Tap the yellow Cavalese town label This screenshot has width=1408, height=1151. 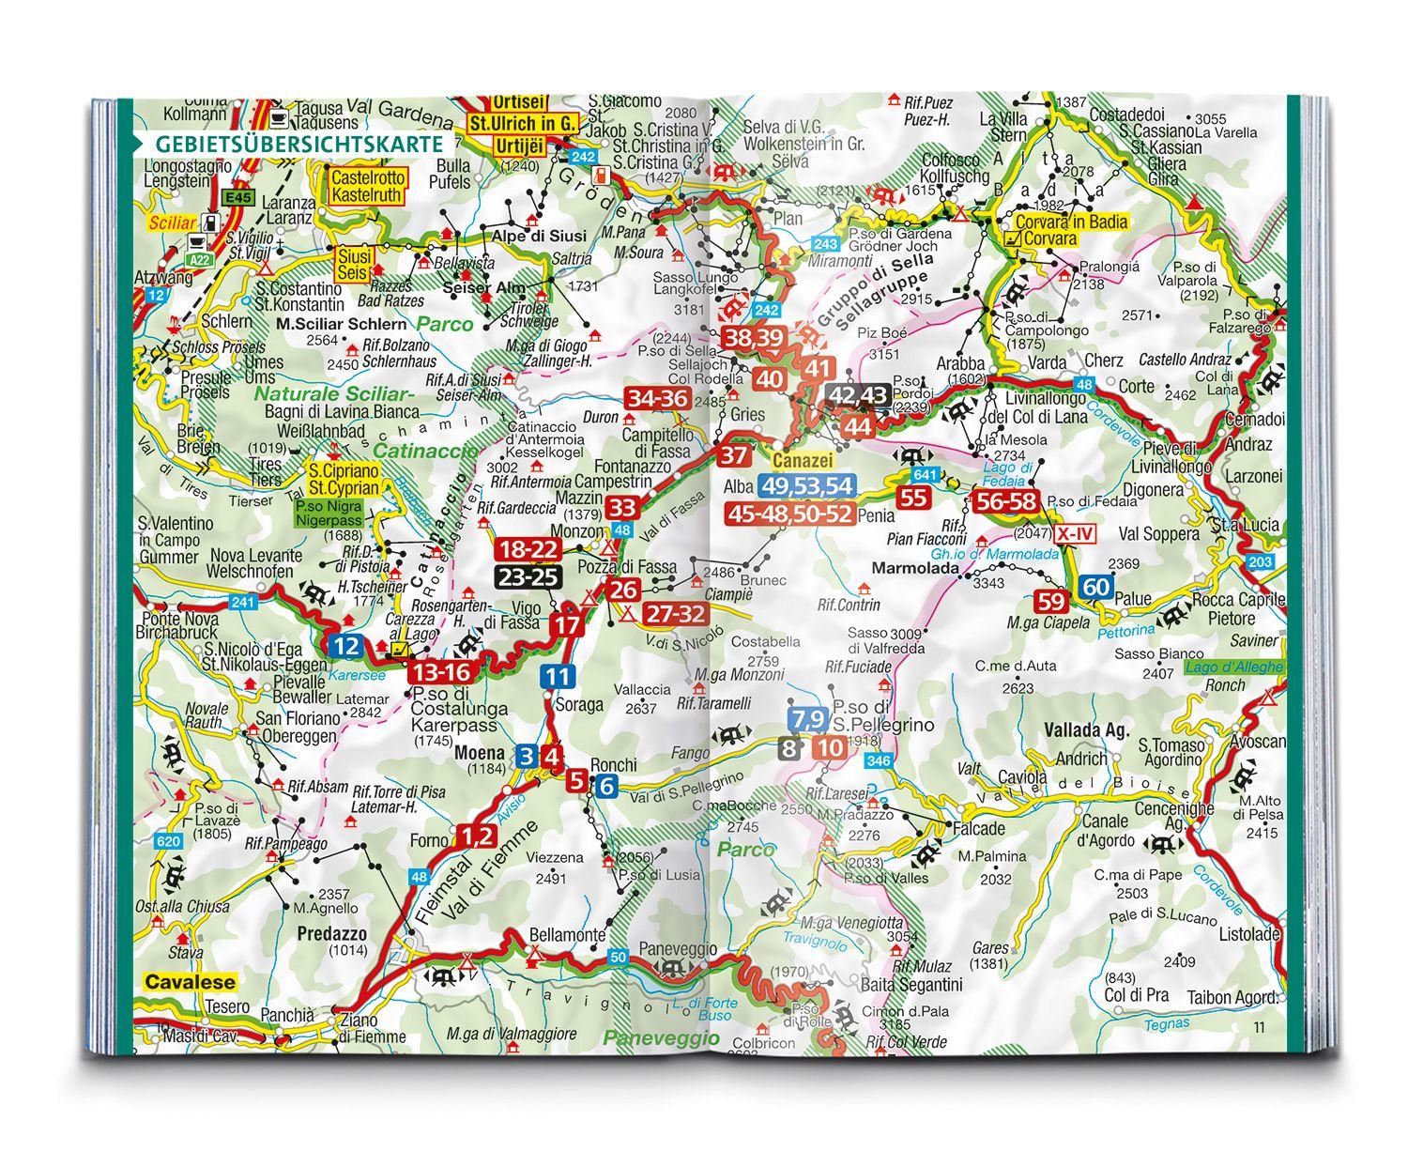pos(191,982)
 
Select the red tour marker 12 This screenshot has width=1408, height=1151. pos(346,646)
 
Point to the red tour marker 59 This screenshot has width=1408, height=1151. pos(1053,601)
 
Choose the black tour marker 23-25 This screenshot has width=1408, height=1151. pos(528,576)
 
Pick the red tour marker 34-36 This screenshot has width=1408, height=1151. pos(658,399)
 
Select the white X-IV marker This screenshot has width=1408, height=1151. pos(1074,534)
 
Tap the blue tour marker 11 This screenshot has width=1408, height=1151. pos(557,676)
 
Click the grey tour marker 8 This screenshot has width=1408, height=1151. pos(790,748)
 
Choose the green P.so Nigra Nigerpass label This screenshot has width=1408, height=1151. pos(338,512)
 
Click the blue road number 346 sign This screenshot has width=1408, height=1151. pos(879,760)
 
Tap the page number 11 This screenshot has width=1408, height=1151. pos(1259,1028)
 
